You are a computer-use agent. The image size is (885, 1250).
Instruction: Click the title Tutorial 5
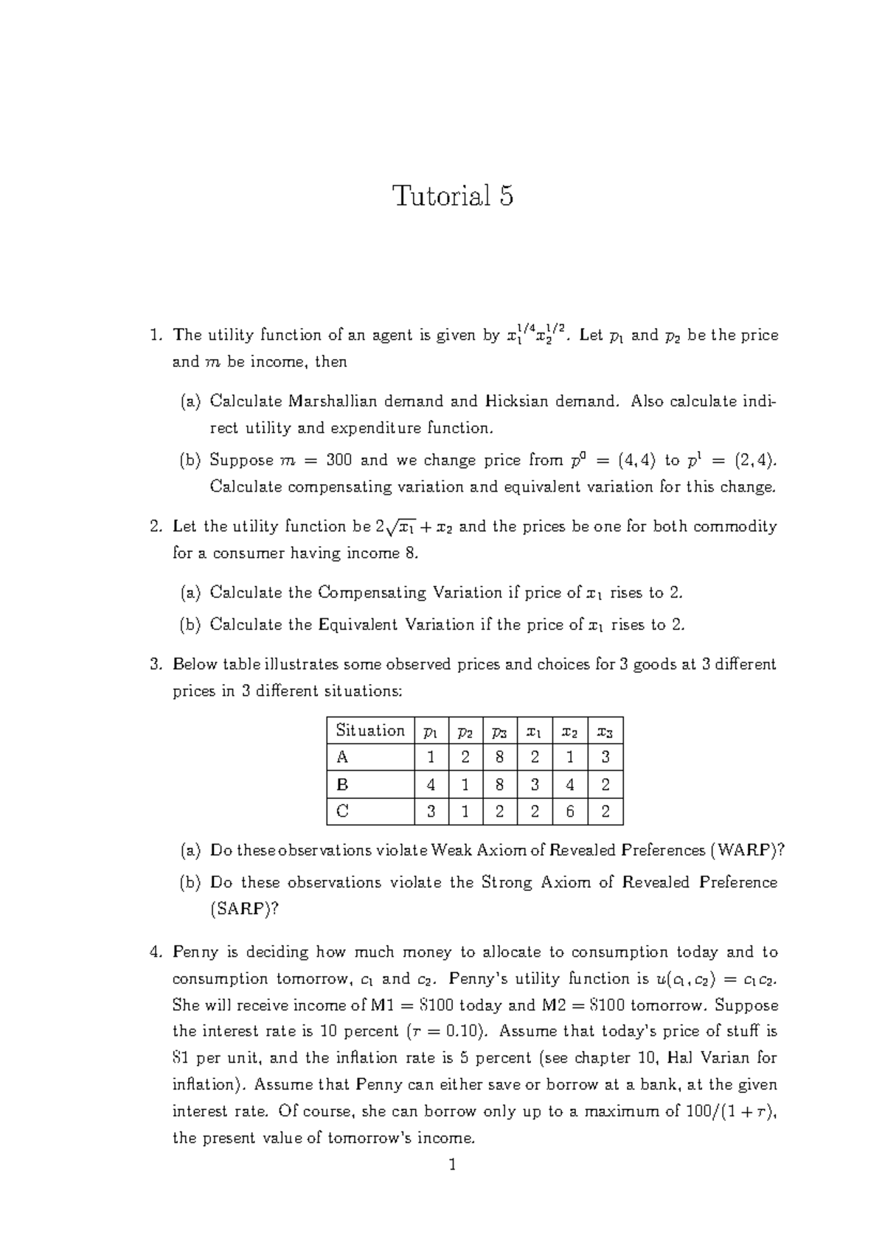tap(453, 196)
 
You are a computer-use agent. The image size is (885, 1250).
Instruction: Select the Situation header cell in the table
tap(369, 730)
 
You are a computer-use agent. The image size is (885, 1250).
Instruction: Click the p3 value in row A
tap(500, 758)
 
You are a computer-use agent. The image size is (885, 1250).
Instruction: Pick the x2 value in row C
tap(569, 811)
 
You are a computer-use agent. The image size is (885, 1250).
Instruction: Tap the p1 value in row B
tap(431, 785)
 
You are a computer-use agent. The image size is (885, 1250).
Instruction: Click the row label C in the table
tap(341, 811)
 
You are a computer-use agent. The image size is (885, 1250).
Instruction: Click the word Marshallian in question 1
tap(333, 402)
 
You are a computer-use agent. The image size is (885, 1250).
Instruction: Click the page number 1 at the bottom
tap(453, 1165)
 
